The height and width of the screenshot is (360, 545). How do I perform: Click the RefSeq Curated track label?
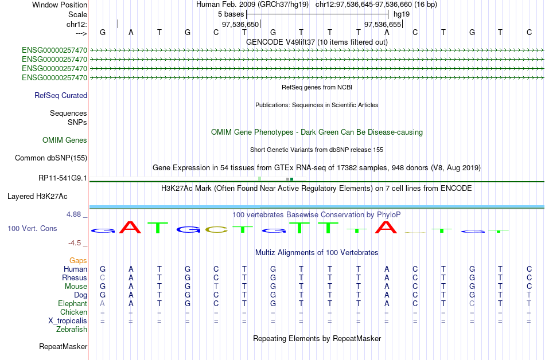[60, 96]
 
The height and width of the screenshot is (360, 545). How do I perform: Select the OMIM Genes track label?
[65, 140]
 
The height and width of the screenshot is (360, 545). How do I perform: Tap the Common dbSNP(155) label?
[50, 158]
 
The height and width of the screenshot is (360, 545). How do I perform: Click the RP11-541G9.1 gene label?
[63, 178]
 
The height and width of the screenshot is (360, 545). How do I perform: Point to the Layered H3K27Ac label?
[37, 197]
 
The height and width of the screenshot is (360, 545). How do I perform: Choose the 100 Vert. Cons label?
[32, 228]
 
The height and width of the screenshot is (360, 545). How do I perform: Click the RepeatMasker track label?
[63, 346]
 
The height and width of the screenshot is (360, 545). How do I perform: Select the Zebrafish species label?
[72, 329]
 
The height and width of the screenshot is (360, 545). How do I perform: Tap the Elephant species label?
[72, 303]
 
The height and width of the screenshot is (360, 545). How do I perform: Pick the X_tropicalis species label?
[68, 321]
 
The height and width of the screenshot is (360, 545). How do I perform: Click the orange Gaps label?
[78, 260]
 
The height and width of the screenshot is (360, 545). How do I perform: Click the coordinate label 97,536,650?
[240, 24]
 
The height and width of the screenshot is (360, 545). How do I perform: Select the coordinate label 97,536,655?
[383, 24]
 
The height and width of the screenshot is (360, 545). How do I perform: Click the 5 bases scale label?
[231, 14]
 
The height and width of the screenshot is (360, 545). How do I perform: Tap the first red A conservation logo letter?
[130, 228]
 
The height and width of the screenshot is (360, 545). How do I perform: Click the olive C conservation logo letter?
[216, 229]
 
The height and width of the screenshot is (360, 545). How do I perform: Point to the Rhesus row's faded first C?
[103, 277]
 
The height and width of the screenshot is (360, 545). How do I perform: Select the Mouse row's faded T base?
[216, 287]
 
